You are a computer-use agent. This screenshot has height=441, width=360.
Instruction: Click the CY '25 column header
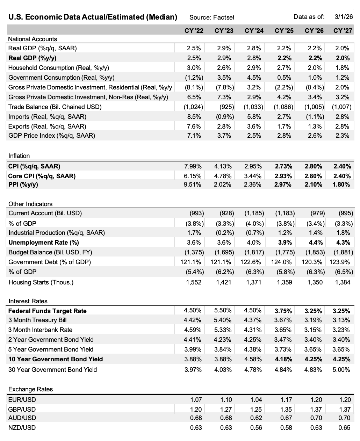[x=284, y=30]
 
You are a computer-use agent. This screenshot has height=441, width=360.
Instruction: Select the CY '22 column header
[x=194, y=30]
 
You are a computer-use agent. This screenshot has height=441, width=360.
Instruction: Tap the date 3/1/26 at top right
[x=344, y=16]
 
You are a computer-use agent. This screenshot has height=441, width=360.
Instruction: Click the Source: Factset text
[x=211, y=17]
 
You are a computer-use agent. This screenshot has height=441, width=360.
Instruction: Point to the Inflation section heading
[x=19, y=156]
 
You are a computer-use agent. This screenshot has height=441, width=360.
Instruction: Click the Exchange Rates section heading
[x=30, y=389]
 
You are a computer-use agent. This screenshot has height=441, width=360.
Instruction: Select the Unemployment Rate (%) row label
[x=44, y=243]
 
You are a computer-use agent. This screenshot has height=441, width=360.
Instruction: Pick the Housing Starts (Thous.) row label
[x=41, y=282]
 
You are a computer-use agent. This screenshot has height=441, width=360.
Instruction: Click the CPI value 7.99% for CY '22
[x=193, y=166]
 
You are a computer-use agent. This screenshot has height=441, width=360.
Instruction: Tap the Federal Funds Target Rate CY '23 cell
[x=223, y=310]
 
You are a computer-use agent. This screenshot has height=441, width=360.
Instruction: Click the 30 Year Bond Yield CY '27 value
[x=341, y=370]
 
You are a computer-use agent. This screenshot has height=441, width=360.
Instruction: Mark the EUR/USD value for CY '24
[x=256, y=400]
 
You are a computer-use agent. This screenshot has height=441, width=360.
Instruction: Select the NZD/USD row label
[x=22, y=428]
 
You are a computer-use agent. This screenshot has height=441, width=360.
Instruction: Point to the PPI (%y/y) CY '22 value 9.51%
[x=193, y=185]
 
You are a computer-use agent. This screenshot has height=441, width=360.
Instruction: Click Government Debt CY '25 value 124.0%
[x=281, y=262]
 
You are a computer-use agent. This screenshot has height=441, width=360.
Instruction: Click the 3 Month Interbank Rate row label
[x=40, y=330]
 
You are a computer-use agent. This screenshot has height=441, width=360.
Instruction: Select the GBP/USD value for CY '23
[x=226, y=410]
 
